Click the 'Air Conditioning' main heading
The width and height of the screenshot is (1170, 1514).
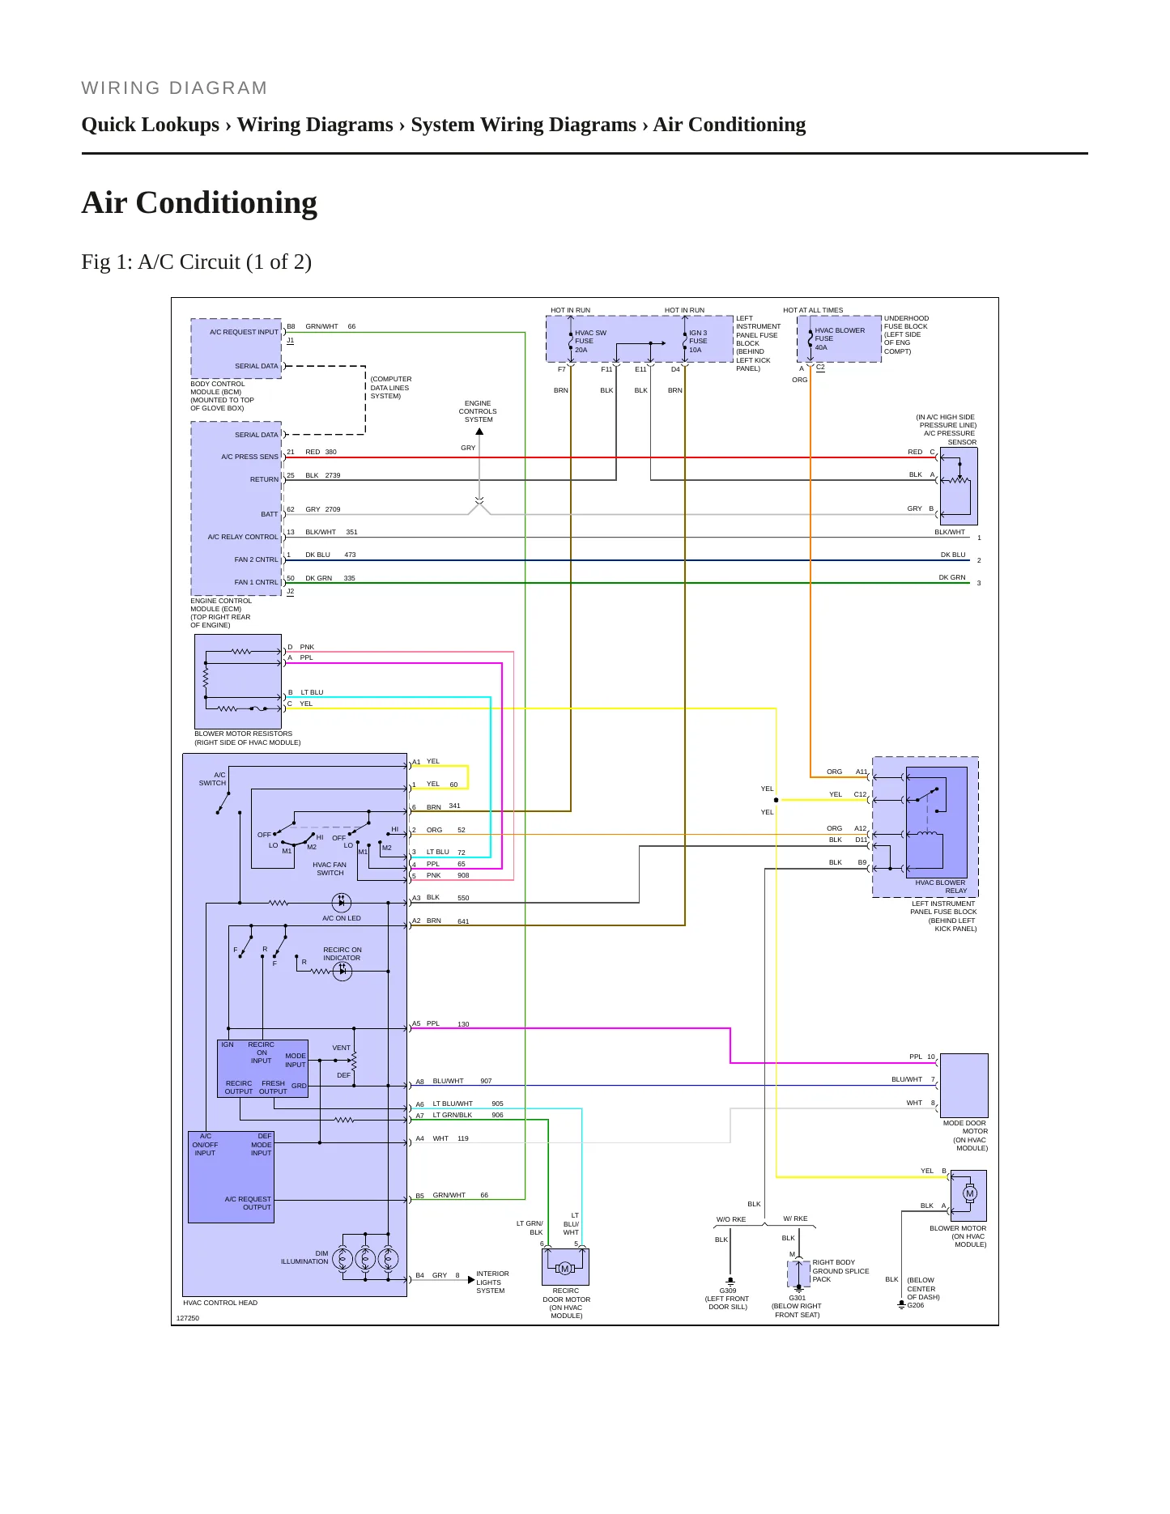click(x=199, y=203)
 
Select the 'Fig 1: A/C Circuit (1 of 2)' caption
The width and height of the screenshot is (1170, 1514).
click(x=197, y=262)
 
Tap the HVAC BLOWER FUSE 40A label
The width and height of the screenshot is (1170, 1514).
click(x=839, y=339)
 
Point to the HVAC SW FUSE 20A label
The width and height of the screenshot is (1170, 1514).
click(x=590, y=342)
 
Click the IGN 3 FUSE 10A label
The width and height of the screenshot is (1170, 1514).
click(x=698, y=342)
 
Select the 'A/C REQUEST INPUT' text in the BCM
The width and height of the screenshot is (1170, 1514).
click(x=244, y=332)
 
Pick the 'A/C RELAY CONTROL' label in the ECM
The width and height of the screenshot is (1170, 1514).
click(x=243, y=537)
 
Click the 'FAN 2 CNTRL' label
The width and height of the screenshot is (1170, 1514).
click(x=256, y=559)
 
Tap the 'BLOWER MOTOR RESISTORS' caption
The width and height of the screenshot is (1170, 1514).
click(x=243, y=734)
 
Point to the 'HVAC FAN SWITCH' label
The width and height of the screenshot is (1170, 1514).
click(x=330, y=869)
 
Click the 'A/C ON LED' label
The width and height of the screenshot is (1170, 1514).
click(x=342, y=918)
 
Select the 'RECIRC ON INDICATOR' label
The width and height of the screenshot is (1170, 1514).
click(x=342, y=954)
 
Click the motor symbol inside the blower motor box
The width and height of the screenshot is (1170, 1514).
click(x=970, y=1193)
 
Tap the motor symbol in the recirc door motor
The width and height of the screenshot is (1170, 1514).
click(x=565, y=1269)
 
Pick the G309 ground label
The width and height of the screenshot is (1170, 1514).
click(x=728, y=1291)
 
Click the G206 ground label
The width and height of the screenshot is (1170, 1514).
click(x=916, y=1305)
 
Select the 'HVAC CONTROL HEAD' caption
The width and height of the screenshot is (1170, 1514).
click(x=220, y=1303)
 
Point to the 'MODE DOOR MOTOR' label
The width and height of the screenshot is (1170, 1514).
click(x=964, y=1127)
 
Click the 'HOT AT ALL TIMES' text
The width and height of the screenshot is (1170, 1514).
click(x=813, y=310)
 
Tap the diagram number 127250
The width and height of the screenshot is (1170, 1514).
click(x=188, y=1318)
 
